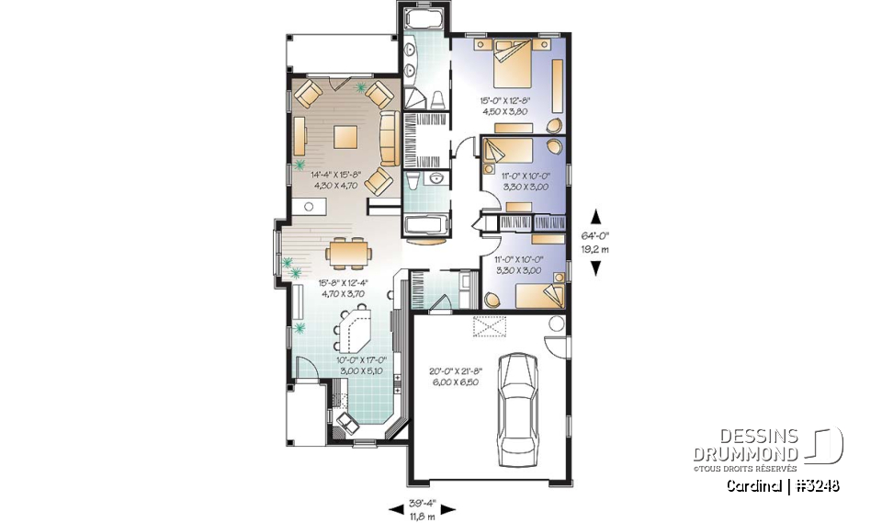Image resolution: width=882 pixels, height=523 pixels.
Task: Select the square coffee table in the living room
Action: pyautogui.click(x=346, y=136)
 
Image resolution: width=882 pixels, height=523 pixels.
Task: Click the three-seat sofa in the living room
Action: pyautogui.click(x=388, y=139)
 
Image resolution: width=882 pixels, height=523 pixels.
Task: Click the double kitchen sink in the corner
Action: pyautogui.click(x=350, y=423)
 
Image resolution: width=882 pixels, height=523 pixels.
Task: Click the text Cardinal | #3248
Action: pyautogui.click(x=781, y=484)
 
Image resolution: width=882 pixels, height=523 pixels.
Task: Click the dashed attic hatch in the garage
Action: pyautogui.click(x=489, y=326)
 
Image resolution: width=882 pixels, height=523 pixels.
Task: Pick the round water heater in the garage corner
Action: pyautogui.click(x=555, y=323)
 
